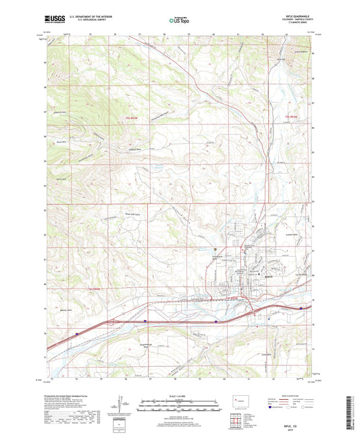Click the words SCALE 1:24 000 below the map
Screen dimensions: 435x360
click(180, 396)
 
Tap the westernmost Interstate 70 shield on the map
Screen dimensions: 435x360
click(78, 333)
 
